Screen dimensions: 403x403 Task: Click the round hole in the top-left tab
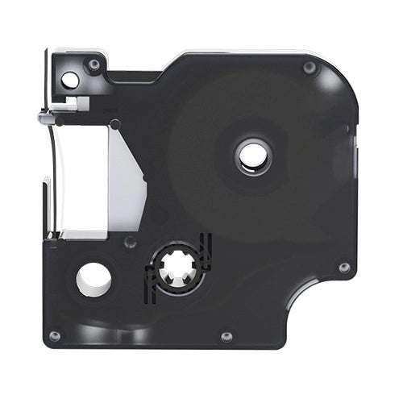tap(71, 79)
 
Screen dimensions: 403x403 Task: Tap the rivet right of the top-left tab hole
tap(94, 64)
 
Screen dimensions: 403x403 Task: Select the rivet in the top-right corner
tap(309, 68)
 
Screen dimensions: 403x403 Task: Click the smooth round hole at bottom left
tap(93, 278)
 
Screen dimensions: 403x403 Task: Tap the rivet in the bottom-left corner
tap(55, 335)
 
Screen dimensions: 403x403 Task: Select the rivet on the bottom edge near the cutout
tap(226, 335)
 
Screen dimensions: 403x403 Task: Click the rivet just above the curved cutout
tap(344, 267)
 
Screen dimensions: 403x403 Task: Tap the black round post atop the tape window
tap(115, 123)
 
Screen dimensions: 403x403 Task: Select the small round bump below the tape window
tap(130, 242)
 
